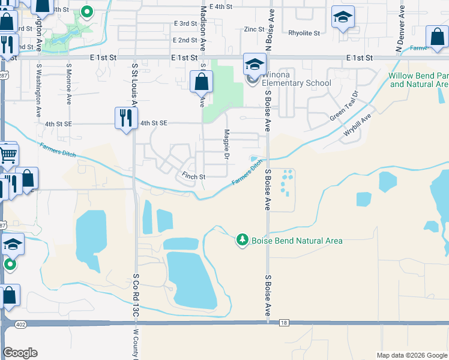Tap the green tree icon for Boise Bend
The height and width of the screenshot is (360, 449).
click(x=242, y=240)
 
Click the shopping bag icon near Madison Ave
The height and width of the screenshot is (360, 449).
click(x=202, y=82)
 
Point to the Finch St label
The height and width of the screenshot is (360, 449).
click(x=193, y=177)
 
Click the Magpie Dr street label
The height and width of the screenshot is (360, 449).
click(x=227, y=145)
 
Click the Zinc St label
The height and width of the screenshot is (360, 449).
click(x=255, y=29)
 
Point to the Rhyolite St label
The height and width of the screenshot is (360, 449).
click(x=304, y=34)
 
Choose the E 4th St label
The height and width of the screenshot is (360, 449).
click(x=220, y=7)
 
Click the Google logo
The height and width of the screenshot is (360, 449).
click(x=20, y=352)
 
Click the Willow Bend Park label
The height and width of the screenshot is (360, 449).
click(x=419, y=80)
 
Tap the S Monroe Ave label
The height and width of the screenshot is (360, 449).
click(x=69, y=85)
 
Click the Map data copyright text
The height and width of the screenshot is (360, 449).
click(x=411, y=355)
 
